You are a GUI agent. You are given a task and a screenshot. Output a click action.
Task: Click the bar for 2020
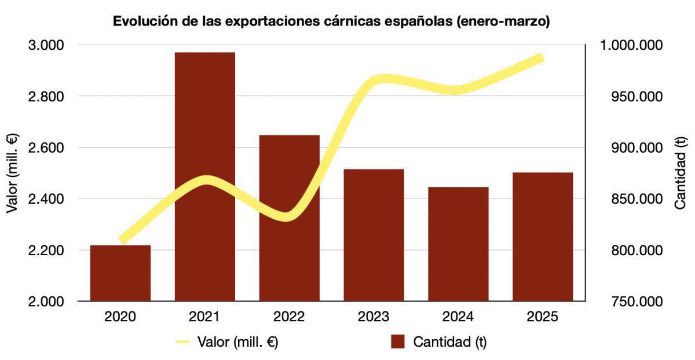pos(120,273)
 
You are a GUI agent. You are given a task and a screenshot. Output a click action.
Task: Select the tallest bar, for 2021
pos(205,177)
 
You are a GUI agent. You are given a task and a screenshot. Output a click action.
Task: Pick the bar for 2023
pos(374,235)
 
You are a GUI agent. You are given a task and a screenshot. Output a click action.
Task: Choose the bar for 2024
pos(458,244)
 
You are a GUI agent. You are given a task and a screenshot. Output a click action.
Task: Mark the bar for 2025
pos(543,237)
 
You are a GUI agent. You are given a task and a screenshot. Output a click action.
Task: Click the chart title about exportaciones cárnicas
pos(331,21)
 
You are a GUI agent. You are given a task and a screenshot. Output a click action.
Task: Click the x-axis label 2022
pos(290,317)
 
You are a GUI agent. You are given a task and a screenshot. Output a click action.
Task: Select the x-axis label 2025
pos(543,317)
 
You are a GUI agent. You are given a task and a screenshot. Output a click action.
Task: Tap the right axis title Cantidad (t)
pos(681,172)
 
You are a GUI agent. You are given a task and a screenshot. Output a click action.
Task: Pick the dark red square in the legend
pos(397,342)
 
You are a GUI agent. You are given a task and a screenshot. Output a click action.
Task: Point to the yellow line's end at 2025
pos(541,57)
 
